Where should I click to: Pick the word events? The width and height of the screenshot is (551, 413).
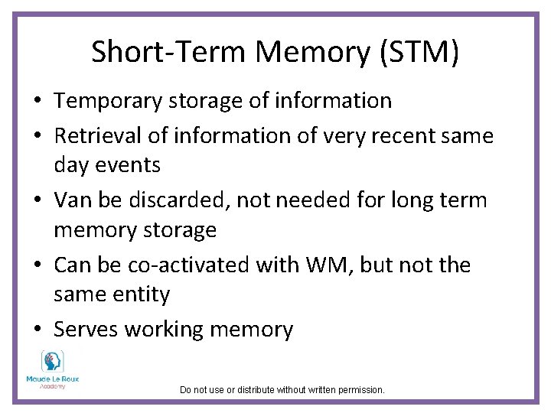[x=129, y=164]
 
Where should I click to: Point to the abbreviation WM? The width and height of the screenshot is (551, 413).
[x=328, y=265]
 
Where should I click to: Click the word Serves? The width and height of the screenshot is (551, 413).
[x=86, y=330]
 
